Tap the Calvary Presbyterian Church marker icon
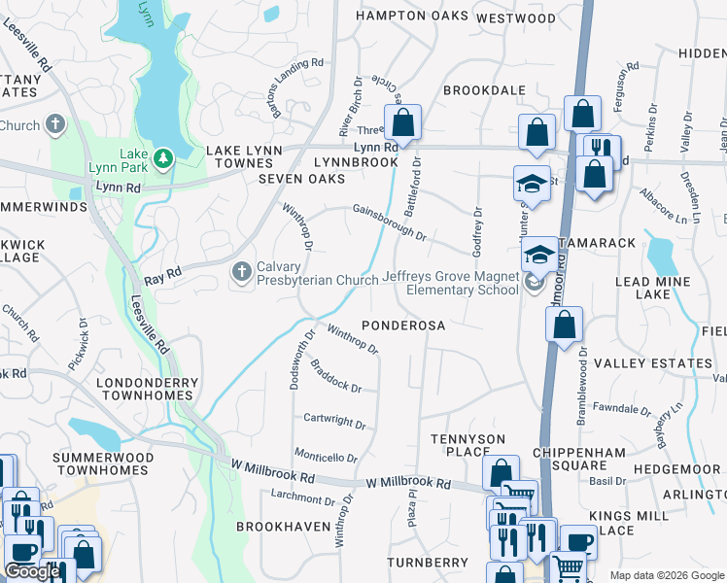click(242, 272)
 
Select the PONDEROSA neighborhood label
click(403, 326)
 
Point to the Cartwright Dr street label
click(334, 424)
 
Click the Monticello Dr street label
click(327, 457)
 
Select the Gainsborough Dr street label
click(390, 222)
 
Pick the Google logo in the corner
click(31, 571)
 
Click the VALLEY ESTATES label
click(652, 363)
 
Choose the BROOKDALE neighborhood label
click(484, 90)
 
